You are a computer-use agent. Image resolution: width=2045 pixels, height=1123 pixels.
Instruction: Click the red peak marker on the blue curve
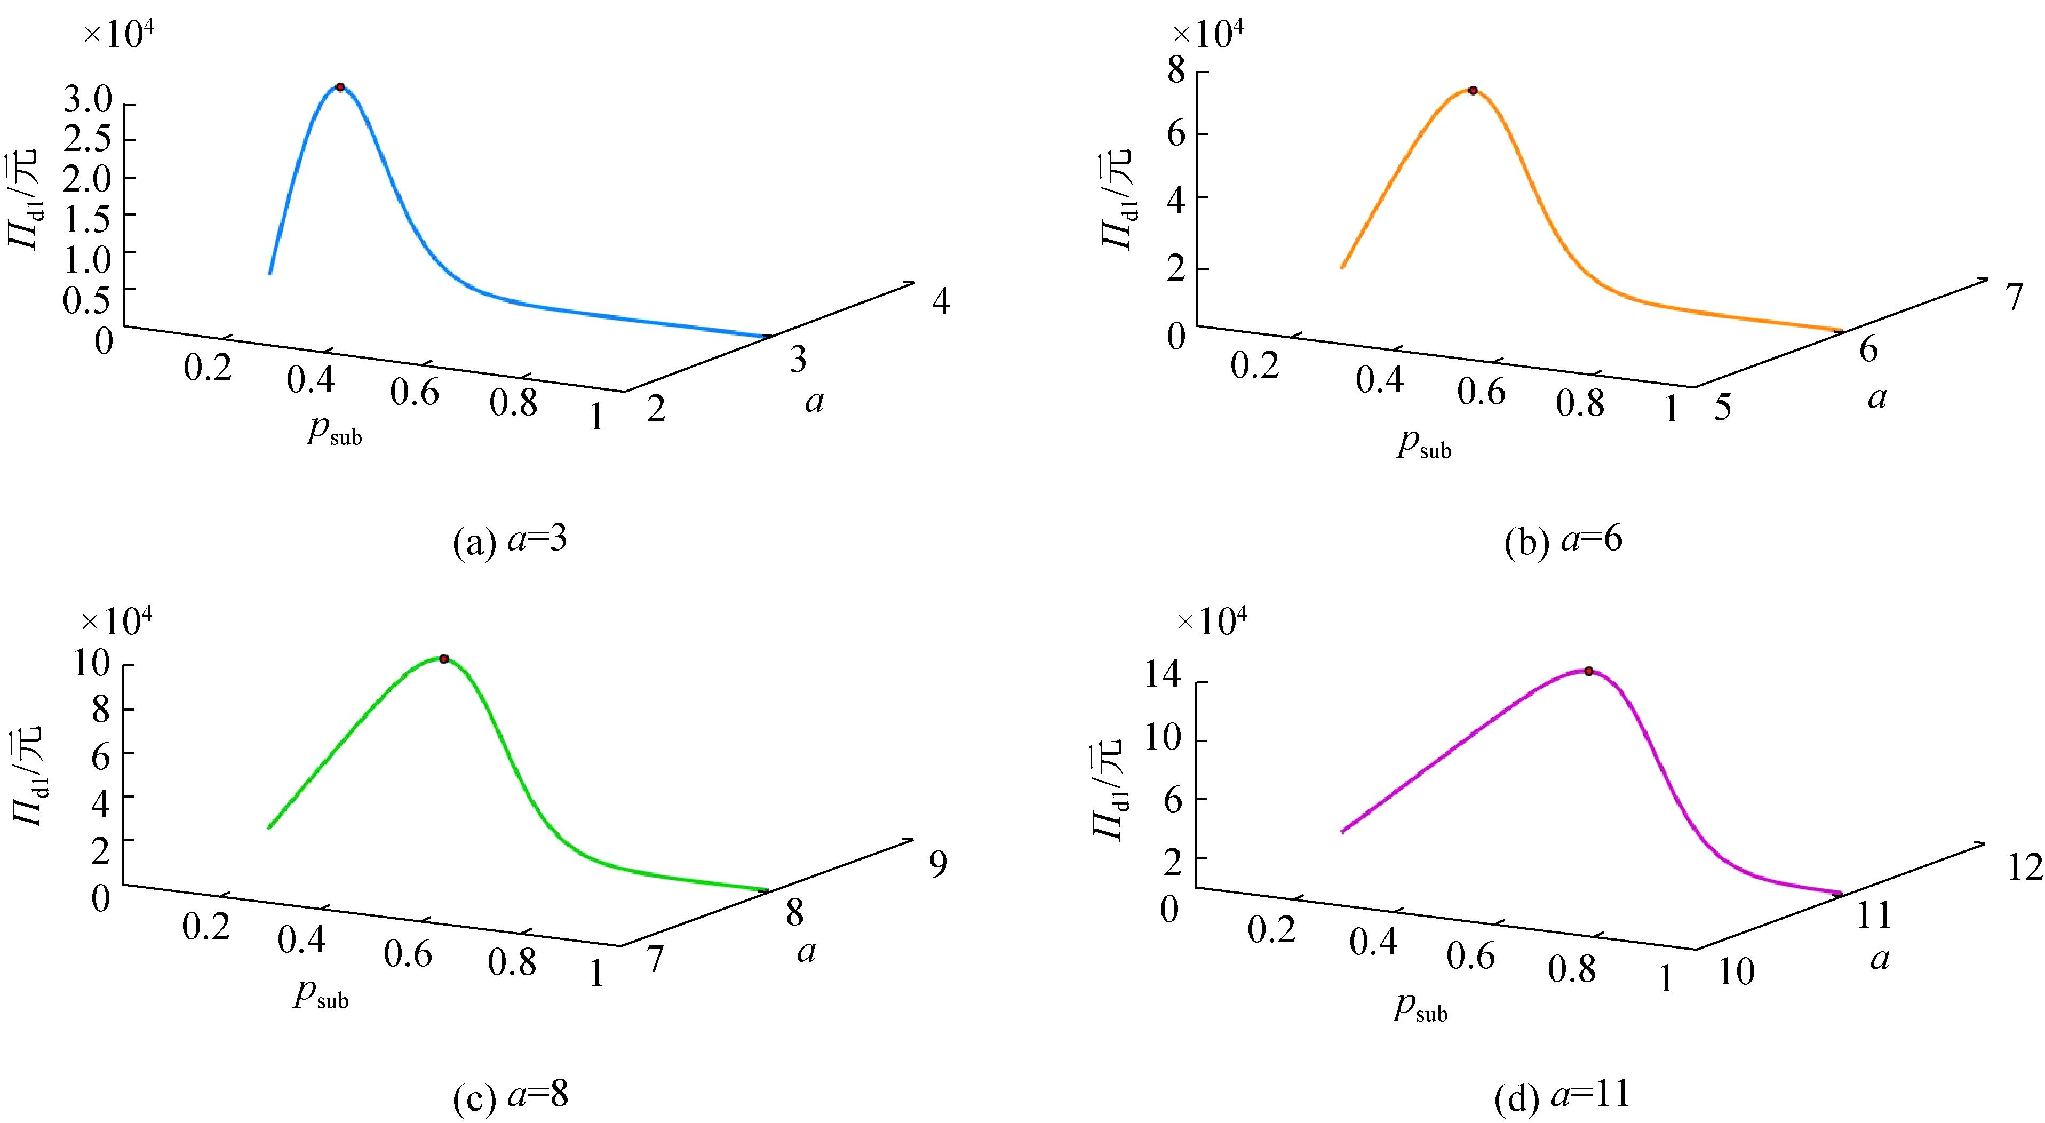340,86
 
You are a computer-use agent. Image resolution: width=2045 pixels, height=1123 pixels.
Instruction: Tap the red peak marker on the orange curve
1473,91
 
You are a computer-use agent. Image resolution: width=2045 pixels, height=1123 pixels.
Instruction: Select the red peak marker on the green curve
444,659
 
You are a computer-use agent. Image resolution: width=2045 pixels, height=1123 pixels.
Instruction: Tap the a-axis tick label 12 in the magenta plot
2024,869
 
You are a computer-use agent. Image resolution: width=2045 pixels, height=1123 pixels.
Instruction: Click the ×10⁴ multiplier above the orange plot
1208,36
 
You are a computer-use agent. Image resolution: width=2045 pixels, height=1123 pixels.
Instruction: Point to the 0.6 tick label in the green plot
408,955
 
